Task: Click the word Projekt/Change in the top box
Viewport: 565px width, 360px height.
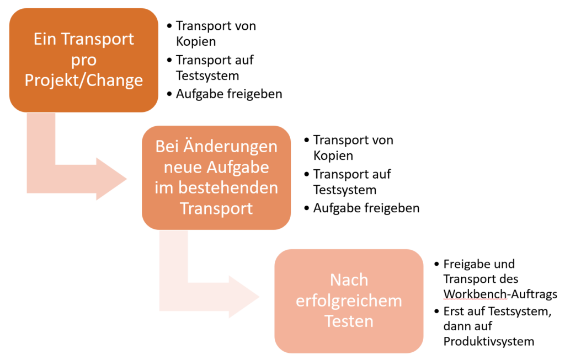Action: pyautogui.click(x=84, y=80)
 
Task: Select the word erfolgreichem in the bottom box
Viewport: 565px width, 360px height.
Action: pyautogui.click(x=349, y=300)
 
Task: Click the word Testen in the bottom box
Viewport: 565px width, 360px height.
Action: pyautogui.click(x=349, y=321)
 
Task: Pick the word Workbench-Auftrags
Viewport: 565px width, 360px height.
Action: pyautogui.click(x=500, y=293)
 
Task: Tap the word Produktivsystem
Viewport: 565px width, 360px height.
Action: pyautogui.click(x=488, y=341)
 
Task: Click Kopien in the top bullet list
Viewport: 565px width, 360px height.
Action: pyautogui.click(x=196, y=41)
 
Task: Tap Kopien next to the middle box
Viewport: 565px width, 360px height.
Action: pyautogui.click(x=333, y=155)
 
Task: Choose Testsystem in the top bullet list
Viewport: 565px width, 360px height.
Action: pyautogui.click(x=207, y=75)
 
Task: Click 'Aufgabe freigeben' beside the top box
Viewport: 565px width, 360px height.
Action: pyautogui.click(x=229, y=94)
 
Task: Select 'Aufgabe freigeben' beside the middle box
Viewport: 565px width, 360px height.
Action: pyautogui.click(x=366, y=208)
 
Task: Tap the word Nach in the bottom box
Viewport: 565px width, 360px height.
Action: pyautogui.click(x=349, y=280)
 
